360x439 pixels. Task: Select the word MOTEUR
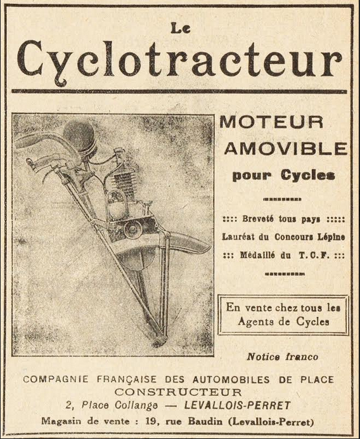coord(271,121)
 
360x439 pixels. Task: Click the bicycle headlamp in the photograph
coord(79,136)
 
